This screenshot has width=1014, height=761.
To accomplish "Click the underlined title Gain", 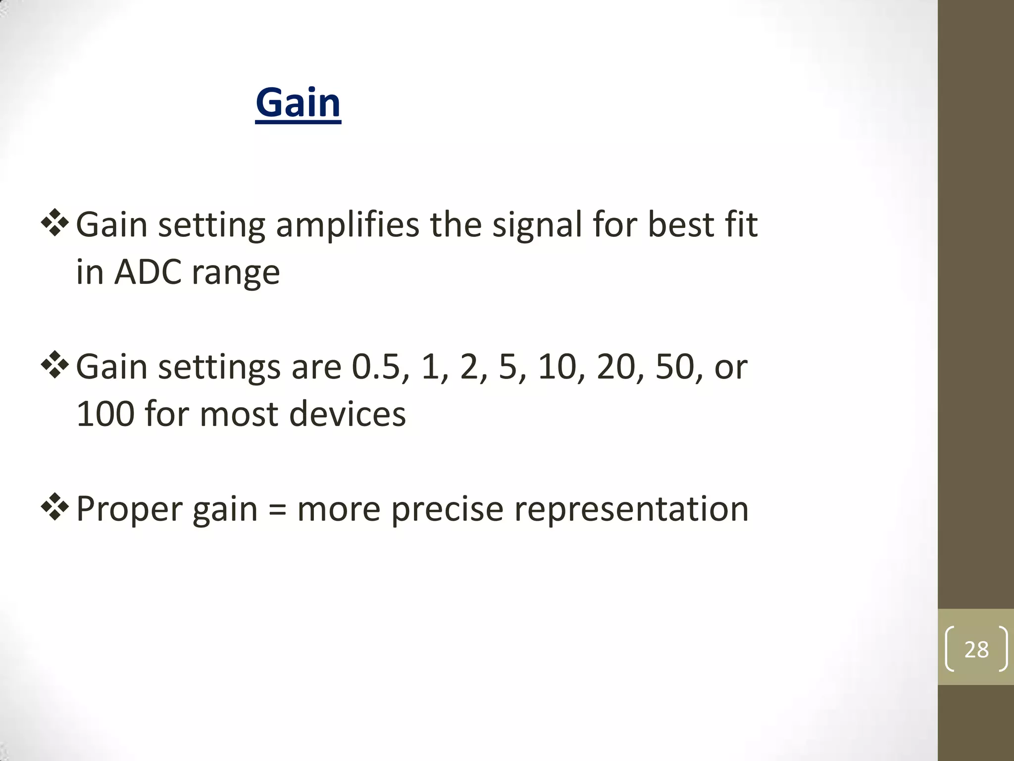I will coord(298,103).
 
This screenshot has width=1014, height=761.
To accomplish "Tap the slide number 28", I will coord(976,649).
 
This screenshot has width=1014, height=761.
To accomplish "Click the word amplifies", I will coord(347,225).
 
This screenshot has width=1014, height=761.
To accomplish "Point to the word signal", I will coord(537,225).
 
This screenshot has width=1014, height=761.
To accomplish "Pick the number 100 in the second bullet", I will coord(105,414).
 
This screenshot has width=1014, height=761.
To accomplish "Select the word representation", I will coord(631,509).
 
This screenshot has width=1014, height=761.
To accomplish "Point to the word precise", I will coord(447,509).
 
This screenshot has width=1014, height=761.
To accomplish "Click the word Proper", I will coord(129,509).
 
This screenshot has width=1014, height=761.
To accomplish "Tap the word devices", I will coord(347,414).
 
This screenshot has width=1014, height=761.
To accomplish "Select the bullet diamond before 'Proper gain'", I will coord(54,507).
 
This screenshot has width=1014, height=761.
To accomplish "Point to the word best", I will coord(679,225).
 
